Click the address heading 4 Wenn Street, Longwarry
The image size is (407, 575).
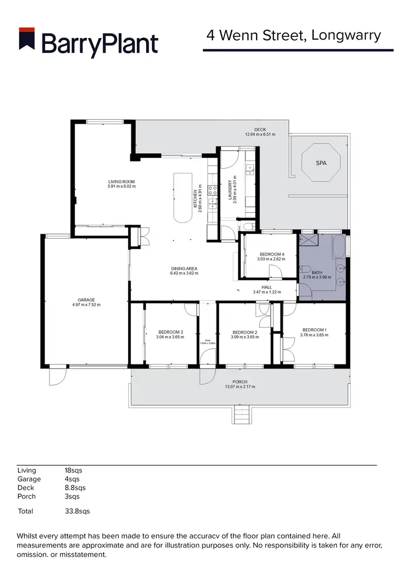[x=294, y=36]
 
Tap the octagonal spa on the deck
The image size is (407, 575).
[x=321, y=162]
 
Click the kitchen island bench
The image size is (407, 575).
[x=183, y=197]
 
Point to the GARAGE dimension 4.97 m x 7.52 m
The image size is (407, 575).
[x=86, y=305]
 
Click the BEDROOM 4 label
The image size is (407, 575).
[x=270, y=254]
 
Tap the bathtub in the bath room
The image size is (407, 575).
[x=338, y=247]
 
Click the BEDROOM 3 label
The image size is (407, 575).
[x=170, y=331]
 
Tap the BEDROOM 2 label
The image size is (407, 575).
[x=244, y=332]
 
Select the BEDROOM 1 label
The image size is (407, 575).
[x=314, y=330]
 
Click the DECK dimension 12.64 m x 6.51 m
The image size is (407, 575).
[x=260, y=134]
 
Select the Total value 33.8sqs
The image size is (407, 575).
[x=77, y=511]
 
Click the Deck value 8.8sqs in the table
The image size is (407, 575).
[x=75, y=488]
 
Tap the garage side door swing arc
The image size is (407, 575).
[x=58, y=377]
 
